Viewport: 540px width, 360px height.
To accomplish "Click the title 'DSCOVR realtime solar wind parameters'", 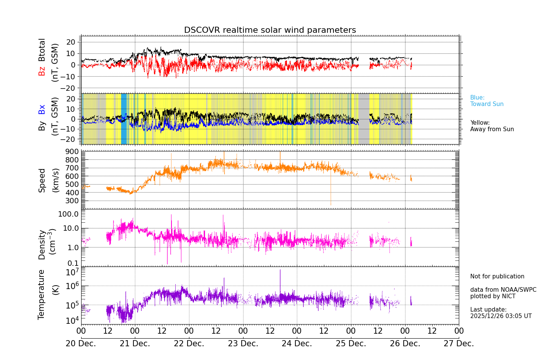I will tap(270, 30).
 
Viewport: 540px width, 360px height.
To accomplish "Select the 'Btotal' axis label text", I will tap(42, 50).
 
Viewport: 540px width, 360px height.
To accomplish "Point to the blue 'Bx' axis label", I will tap(42, 109).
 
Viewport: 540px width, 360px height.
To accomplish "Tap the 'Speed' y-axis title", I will tap(42, 180).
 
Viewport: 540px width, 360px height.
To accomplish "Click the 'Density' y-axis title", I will tap(42, 244).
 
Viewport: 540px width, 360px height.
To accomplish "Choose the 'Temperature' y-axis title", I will tap(42, 294).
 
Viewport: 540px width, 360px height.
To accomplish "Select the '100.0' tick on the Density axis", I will tap(68, 214).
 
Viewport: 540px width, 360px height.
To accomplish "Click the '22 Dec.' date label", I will tap(189, 344).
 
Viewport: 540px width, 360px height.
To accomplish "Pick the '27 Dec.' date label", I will tap(459, 344).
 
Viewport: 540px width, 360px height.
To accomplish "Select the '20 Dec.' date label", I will tap(81, 344).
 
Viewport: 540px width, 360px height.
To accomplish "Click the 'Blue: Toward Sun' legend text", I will tap(487, 101).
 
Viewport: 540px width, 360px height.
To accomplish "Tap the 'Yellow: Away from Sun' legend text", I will tap(492, 126).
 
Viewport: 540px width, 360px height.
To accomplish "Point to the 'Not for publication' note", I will tap(497, 276).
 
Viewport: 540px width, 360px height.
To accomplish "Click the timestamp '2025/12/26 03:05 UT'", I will tap(501, 316).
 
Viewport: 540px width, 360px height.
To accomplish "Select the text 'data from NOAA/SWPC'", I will tap(503, 290).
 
